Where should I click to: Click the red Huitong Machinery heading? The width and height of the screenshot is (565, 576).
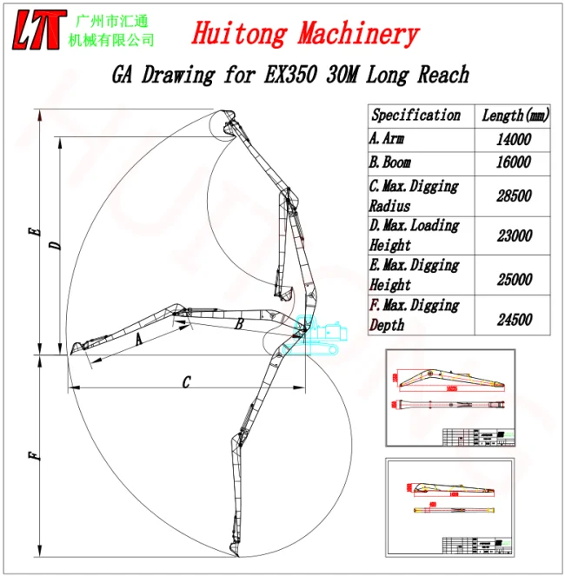point(304,34)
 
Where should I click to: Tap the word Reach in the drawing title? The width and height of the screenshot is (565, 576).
point(442,75)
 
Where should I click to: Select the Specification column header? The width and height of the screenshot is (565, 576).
point(415,115)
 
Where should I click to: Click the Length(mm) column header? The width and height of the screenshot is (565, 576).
point(515,116)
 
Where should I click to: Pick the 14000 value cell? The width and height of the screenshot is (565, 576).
point(513,139)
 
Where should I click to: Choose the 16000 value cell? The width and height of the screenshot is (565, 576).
point(513,162)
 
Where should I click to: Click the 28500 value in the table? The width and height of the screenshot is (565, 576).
point(513,196)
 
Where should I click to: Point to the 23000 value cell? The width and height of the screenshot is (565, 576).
point(513,235)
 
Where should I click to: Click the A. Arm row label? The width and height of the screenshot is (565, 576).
point(388,139)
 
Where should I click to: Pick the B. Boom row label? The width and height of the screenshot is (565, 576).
point(390,162)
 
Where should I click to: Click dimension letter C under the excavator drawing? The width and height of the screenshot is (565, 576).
point(186,381)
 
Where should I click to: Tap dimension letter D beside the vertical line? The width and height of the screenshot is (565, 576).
point(55,247)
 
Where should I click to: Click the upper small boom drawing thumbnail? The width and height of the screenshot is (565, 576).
point(449,398)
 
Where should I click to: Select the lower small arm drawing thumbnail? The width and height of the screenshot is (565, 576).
point(449,505)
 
